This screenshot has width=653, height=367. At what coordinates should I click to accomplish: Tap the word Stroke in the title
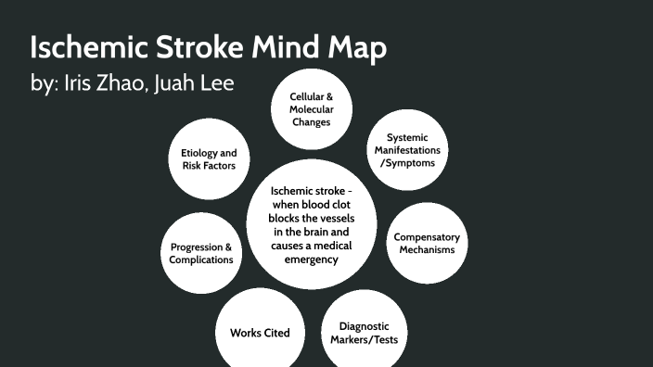point(202,48)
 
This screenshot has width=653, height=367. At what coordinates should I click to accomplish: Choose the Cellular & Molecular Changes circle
point(310,109)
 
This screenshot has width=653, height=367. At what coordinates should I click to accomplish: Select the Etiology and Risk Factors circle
point(210,159)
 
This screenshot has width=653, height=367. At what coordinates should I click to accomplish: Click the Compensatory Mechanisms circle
point(427,243)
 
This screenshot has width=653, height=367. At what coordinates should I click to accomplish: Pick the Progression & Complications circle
point(201,253)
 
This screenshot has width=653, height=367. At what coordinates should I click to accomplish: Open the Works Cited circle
point(260,332)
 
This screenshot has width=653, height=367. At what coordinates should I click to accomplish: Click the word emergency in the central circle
point(312,259)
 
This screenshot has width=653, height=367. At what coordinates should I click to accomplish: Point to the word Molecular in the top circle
point(311,109)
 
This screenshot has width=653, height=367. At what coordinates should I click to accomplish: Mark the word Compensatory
point(427,237)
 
